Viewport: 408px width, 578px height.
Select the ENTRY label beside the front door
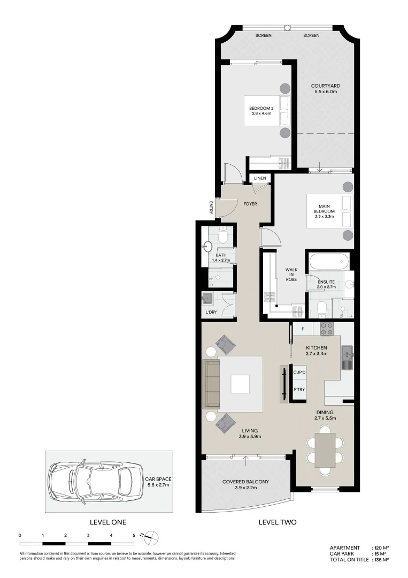[x=212, y=208]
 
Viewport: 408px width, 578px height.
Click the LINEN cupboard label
[x=260, y=178]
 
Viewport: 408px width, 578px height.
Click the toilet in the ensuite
[x=321, y=309]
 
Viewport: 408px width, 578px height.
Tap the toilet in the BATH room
[x=224, y=233]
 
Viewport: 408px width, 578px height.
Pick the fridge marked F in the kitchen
[x=303, y=329]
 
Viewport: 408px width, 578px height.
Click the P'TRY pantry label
[x=299, y=390]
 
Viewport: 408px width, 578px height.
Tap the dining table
[x=325, y=449]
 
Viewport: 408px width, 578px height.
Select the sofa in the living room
[x=212, y=383]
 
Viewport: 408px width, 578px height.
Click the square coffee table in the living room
[x=240, y=384]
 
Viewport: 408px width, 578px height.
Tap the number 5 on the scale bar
[x=134, y=535]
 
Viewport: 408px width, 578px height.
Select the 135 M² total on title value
[x=380, y=559]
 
